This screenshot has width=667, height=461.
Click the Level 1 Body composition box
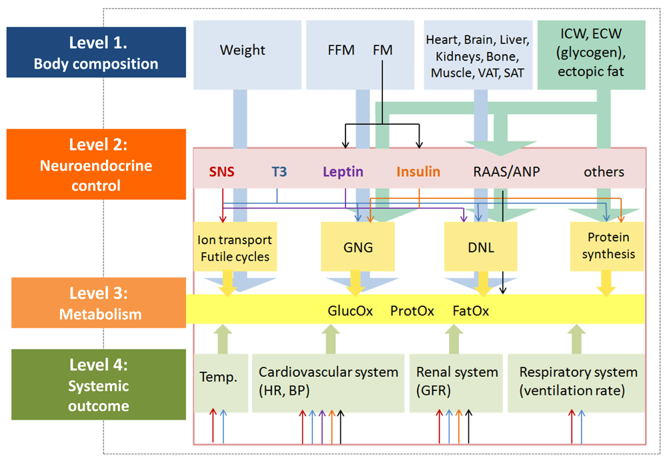click(x=96, y=52)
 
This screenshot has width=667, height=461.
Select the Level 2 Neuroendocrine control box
click(x=96, y=164)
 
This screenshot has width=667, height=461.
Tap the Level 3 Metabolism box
click(x=99, y=303)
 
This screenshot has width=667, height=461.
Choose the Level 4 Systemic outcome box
click(x=99, y=384)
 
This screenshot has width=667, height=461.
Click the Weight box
click(x=247, y=55)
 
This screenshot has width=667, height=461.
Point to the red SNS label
click(x=221, y=171)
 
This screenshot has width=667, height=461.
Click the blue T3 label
click(x=279, y=171)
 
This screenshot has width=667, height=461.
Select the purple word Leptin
click(x=343, y=171)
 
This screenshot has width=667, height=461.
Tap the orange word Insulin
click(x=418, y=171)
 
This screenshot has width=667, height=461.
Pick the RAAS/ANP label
click(x=506, y=171)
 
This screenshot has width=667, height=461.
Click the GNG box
click(x=358, y=246)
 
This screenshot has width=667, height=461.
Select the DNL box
click(x=481, y=246)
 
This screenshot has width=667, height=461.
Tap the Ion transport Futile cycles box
click(x=235, y=246)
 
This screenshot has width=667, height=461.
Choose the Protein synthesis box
click(x=607, y=246)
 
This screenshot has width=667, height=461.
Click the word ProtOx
click(x=412, y=311)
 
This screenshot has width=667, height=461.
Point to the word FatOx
click(x=470, y=311)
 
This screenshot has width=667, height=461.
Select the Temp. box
click(x=221, y=383)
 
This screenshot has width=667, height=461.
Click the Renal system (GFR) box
click(x=456, y=383)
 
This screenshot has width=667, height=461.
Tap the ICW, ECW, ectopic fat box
click(x=591, y=55)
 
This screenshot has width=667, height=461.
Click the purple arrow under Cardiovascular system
click(x=322, y=426)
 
